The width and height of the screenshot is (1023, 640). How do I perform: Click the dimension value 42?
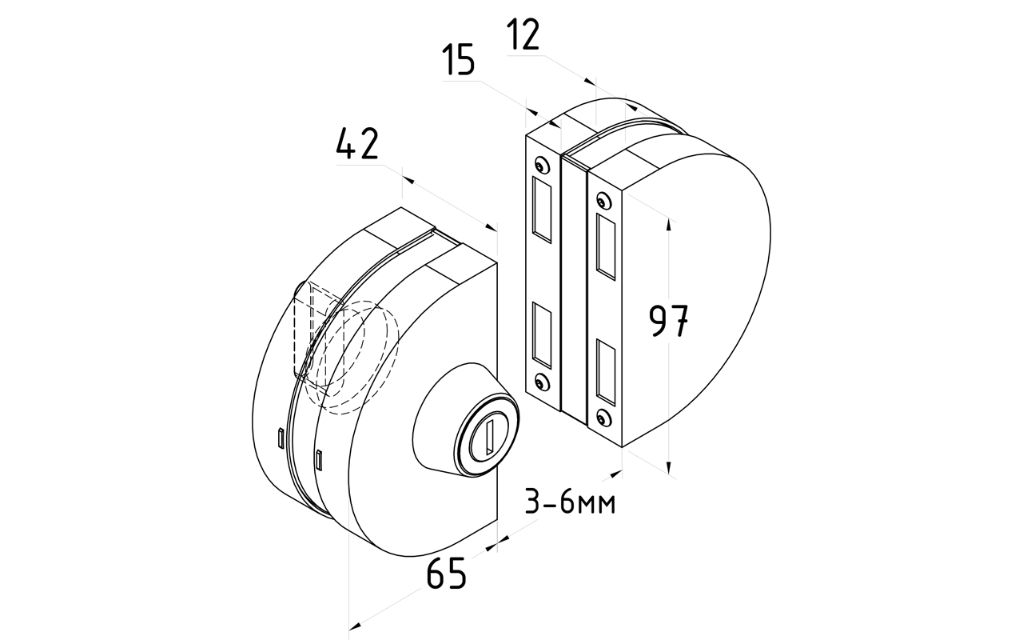point(356,146)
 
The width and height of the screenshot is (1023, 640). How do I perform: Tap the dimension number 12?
point(523,35)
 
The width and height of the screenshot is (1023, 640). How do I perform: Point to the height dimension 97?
point(668,321)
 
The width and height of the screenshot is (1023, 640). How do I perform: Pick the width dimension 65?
point(446,574)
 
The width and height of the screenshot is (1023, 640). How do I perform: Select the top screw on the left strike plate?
point(542,166)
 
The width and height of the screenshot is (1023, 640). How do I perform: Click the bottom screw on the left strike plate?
point(543,384)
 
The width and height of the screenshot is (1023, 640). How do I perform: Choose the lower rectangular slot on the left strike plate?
point(542,331)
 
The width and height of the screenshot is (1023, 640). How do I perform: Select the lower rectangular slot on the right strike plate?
point(606,370)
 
